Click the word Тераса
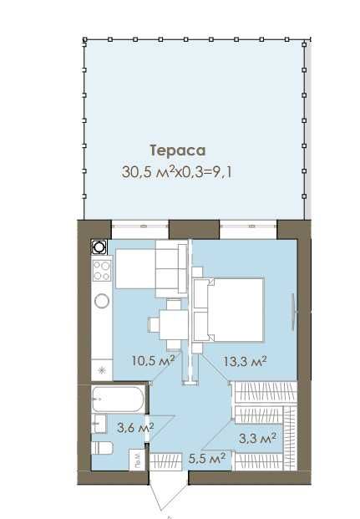tap(178, 150)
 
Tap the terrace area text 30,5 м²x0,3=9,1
tap(177, 172)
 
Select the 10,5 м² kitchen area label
tap(153, 360)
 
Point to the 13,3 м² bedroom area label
tap(246, 361)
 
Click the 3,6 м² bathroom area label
tap(135, 427)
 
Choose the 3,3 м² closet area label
tap(258, 439)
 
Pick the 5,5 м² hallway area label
tap(207, 459)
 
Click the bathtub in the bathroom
tap(118, 399)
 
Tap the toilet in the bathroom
tap(102, 448)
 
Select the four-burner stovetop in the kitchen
tap(102, 271)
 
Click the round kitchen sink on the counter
tap(102, 301)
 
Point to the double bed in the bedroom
tap(228, 309)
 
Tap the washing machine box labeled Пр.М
tap(137, 459)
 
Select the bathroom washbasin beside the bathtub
tap(99, 424)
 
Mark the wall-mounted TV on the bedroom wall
tap(293, 311)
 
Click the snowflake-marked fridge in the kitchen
tap(102, 369)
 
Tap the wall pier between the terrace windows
tap(195, 229)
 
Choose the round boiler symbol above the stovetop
tap(99, 247)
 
